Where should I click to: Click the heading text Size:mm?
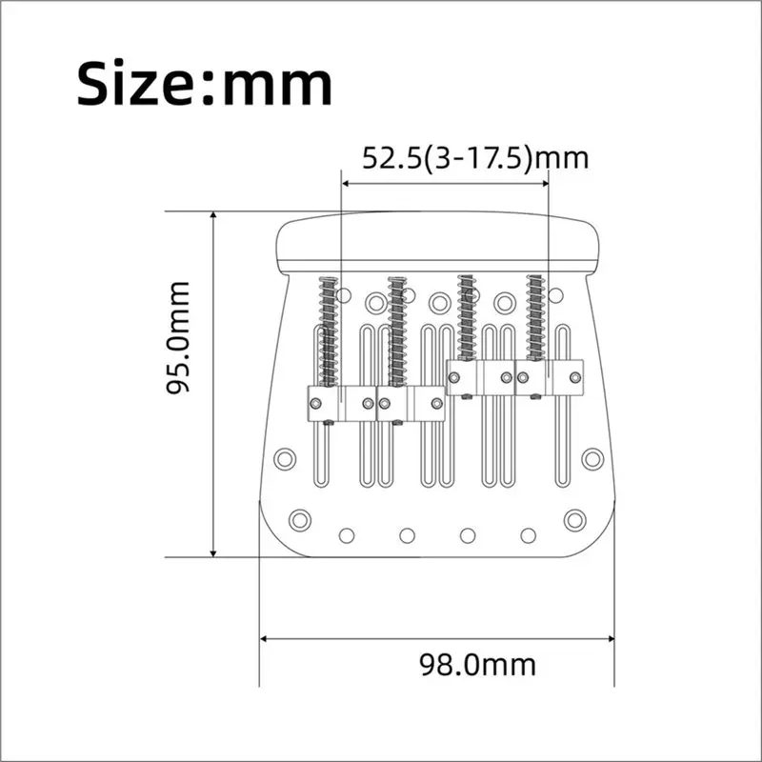[x=204, y=84]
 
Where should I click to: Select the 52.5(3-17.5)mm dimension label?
[x=475, y=158]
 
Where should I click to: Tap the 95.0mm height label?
[x=178, y=338]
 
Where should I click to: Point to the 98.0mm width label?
[x=478, y=665]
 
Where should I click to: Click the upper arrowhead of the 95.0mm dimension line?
[x=212, y=215]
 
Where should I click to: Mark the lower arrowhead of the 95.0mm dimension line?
[x=212, y=553]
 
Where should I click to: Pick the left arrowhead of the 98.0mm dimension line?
[x=264, y=638]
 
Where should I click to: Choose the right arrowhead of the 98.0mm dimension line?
[x=611, y=638]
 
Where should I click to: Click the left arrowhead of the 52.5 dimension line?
[x=346, y=184]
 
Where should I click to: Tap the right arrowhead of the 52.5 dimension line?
[x=544, y=184]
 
